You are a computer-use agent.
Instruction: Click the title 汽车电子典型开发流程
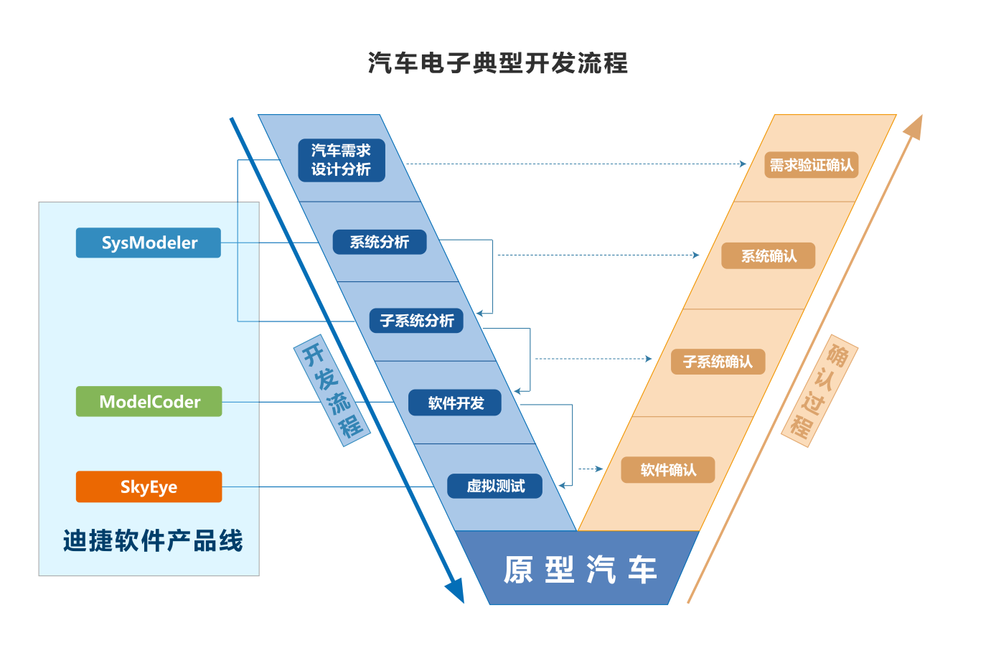tap(497, 63)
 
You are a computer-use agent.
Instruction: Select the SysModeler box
tap(149, 243)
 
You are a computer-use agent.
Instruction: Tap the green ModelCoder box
tap(149, 401)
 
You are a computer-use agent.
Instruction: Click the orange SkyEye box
tap(149, 487)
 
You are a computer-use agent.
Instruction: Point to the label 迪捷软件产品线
tap(152, 540)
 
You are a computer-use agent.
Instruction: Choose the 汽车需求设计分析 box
tap(342, 160)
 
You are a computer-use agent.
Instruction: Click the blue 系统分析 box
tap(380, 242)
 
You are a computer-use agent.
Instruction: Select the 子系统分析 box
tap(416, 320)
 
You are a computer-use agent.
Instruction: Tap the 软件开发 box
tap(455, 403)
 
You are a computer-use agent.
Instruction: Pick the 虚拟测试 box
tap(494, 486)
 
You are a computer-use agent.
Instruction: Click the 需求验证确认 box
tap(811, 165)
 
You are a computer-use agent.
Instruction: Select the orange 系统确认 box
tap(768, 255)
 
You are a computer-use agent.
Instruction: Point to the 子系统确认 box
tap(718, 362)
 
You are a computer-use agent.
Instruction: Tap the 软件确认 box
tap(667, 469)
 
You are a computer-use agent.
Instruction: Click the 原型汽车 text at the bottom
tap(580, 570)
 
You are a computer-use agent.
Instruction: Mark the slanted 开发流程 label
tap(332, 390)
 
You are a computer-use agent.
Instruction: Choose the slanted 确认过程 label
tap(819, 390)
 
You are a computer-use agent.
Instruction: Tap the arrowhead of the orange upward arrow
tap(913, 126)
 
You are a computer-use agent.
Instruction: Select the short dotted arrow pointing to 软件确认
tap(590, 469)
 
